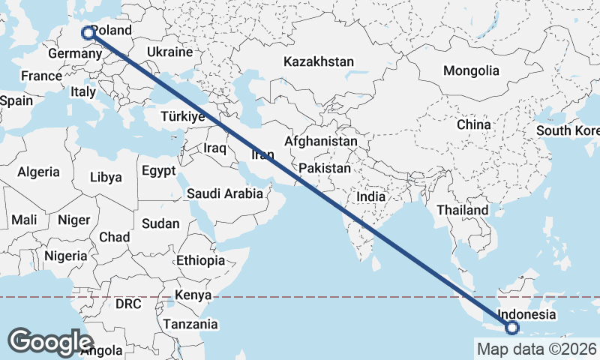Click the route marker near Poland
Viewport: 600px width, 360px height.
(x=88, y=32)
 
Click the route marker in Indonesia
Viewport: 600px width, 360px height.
(x=512, y=327)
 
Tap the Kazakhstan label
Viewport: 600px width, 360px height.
(x=318, y=61)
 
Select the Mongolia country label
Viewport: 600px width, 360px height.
(x=471, y=70)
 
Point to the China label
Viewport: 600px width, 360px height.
(x=473, y=124)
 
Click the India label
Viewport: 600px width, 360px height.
(x=370, y=196)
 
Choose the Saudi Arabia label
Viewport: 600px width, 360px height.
(x=225, y=193)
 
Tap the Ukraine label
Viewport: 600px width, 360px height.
(x=170, y=52)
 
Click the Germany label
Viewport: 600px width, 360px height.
(x=69, y=55)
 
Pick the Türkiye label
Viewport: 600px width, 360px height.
(x=183, y=117)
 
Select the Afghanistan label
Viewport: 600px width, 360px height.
(x=321, y=141)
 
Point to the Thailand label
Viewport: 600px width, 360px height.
(x=462, y=210)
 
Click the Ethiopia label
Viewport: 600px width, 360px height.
(x=200, y=260)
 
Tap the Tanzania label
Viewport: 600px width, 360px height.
(x=191, y=325)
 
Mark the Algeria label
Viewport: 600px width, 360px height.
(x=38, y=172)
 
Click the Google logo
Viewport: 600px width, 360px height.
(x=51, y=342)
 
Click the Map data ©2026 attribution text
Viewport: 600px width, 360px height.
(x=536, y=349)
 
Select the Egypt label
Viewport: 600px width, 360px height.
(x=158, y=170)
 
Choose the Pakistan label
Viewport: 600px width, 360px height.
(x=324, y=169)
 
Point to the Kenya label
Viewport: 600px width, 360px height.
(x=193, y=295)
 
